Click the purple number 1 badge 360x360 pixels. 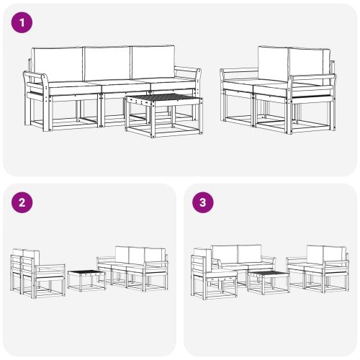22,23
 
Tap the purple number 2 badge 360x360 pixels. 22,202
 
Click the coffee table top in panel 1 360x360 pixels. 161,99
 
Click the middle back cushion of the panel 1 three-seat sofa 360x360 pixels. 107,63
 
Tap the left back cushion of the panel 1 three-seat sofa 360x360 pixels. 58,63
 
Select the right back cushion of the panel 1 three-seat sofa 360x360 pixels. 152,63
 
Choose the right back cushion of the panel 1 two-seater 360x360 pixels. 310,63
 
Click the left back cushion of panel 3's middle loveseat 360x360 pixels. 224,253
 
